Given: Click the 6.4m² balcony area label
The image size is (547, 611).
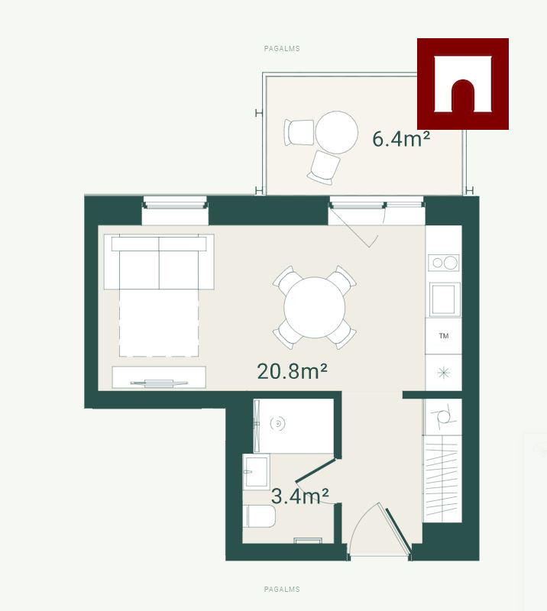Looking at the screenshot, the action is [x=401, y=139].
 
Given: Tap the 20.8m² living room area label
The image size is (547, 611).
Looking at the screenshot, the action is [x=292, y=371].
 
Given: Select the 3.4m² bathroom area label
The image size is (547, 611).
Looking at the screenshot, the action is [x=299, y=496].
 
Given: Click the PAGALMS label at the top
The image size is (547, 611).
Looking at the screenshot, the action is [x=282, y=49].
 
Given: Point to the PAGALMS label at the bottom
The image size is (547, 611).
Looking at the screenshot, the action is [x=282, y=589].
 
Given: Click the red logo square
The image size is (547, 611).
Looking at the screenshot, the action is [x=463, y=84].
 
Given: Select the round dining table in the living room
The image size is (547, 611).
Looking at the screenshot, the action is [x=315, y=308].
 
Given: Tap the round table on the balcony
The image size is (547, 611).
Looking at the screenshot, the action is [x=336, y=132].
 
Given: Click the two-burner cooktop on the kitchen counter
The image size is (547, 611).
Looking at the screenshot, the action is [x=444, y=263].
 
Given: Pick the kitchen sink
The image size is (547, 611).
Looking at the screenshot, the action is [x=445, y=299].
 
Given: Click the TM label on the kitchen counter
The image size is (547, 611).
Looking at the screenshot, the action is [x=444, y=336].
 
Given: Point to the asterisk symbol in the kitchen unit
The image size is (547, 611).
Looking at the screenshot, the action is [x=444, y=373].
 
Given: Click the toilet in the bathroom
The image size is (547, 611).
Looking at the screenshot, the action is [x=259, y=516].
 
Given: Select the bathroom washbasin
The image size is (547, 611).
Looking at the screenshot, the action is [x=256, y=472].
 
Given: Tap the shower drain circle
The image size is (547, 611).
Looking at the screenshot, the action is [x=277, y=423].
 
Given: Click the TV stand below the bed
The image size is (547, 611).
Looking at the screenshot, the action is [x=159, y=377].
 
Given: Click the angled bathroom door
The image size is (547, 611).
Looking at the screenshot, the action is [x=316, y=470].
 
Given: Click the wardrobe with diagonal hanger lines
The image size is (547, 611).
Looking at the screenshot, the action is [x=442, y=479].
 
